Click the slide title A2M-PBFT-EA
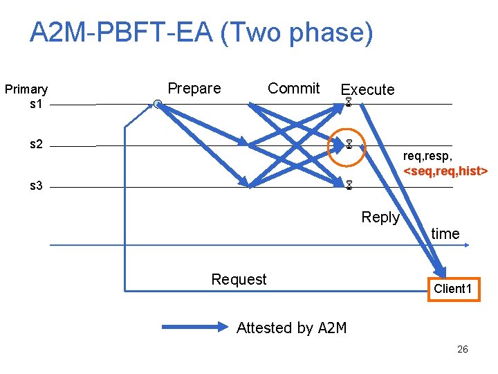201,33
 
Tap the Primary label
26,89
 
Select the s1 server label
37,104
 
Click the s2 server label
37,145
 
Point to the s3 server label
37,186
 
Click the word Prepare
194,89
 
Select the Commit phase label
293,89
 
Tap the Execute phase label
367,90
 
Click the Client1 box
453,288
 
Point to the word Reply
380,217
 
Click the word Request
239,280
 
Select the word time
445,234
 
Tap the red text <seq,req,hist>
446,170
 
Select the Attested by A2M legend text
291,328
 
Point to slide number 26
463,349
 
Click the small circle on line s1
158,104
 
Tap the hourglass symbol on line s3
350,186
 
